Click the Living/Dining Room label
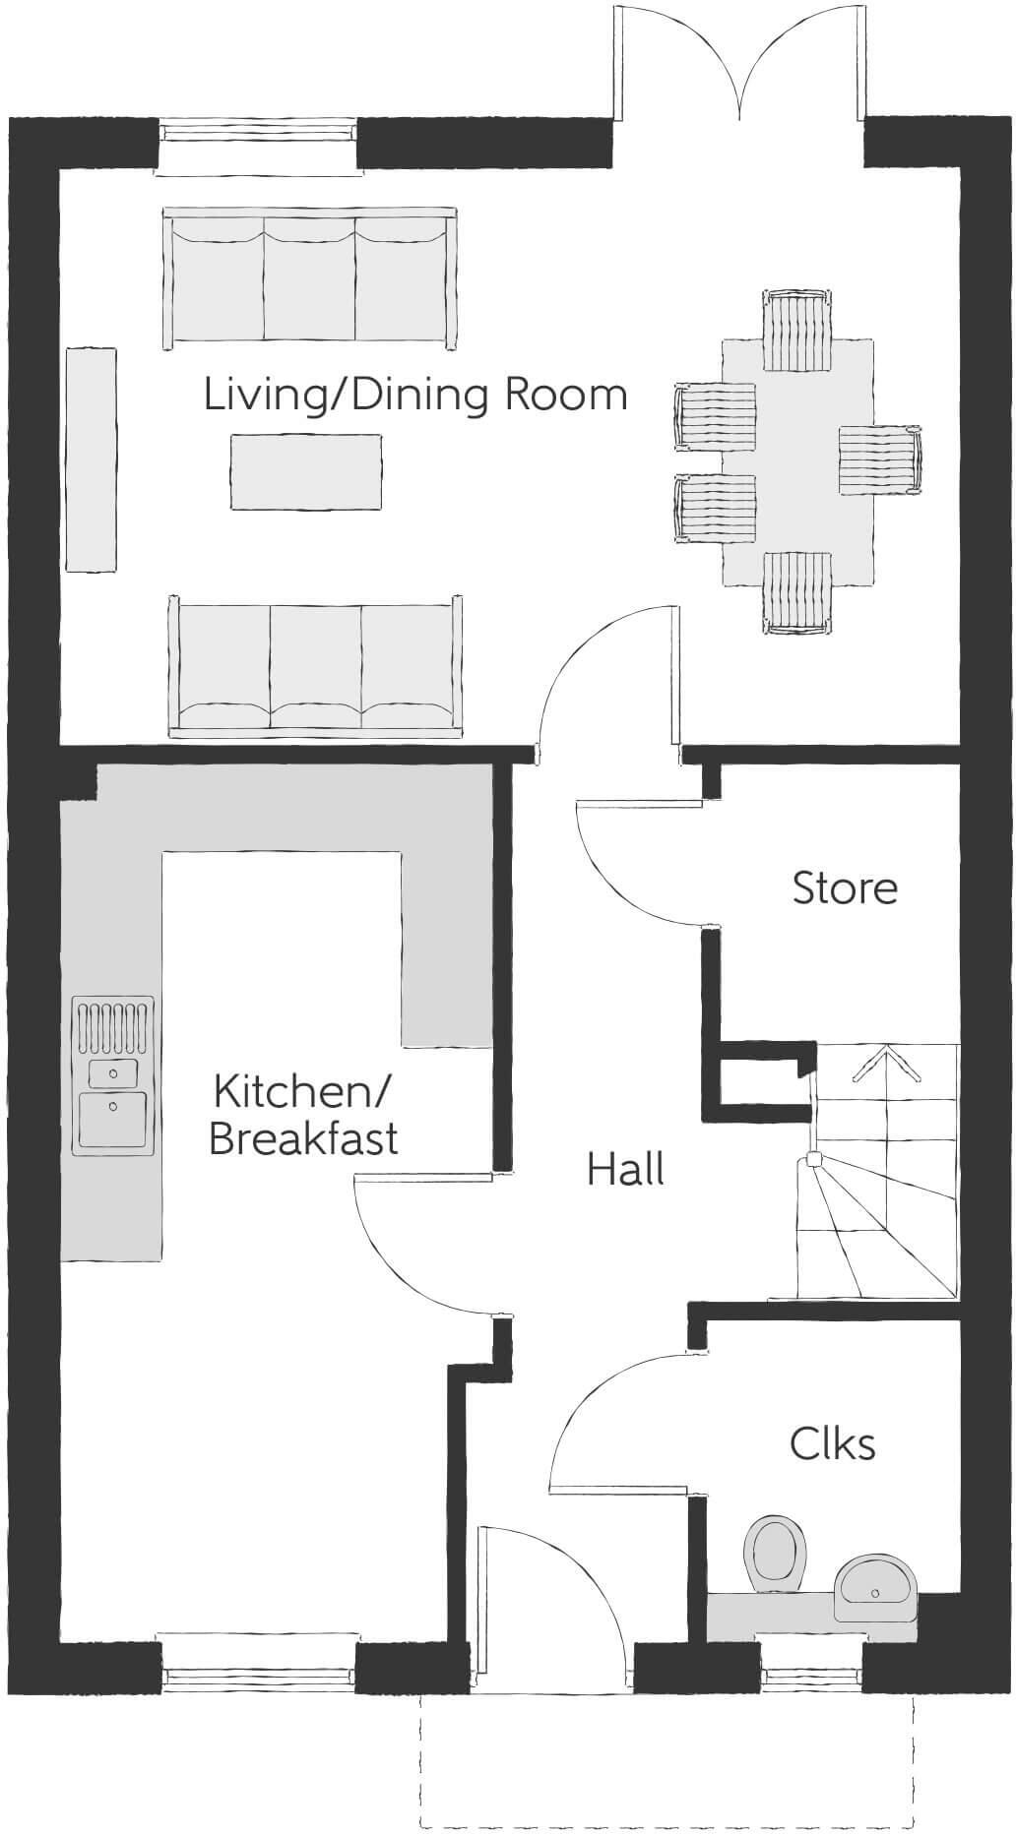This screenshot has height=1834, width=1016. (x=415, y=396)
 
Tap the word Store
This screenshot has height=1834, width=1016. (x=845, y=887)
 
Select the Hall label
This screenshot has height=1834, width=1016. (x=625, y=1169)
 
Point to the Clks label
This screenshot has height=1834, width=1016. (x=832, y=1443)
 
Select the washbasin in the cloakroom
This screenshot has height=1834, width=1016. (x=876, y=1586)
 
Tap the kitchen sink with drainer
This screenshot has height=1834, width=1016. (x=113, y=1074)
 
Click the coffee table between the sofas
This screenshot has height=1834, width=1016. (x=306, y=472)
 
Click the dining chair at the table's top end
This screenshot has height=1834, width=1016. (x=797, y=331)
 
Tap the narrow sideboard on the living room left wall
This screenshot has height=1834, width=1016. (x=91, y=458)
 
